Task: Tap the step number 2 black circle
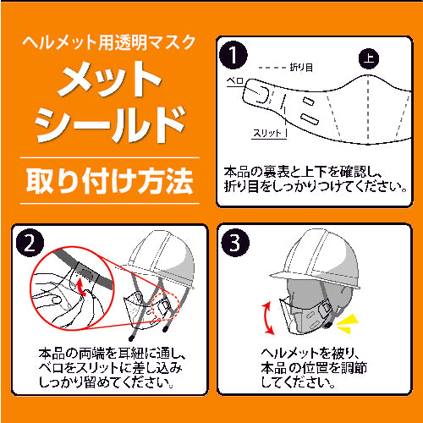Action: pyautogui.click(x=31, y=244)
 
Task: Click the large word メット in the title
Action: pyautogui.click(x=107, y=81)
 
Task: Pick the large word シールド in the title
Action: pyautogui.click(x=107, y=126)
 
